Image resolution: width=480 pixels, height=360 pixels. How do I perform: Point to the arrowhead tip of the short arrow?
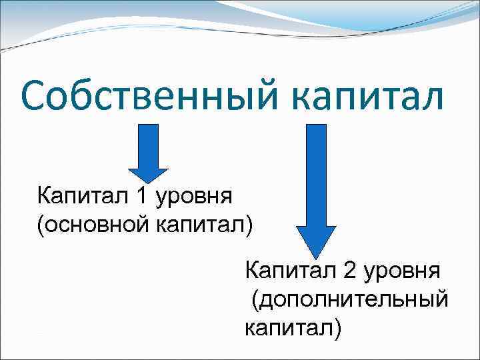[x=153, y=182]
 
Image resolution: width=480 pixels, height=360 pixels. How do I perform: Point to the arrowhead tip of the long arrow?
[x=315, y=257]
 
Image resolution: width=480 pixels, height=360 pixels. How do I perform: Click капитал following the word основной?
[x=200, y=225]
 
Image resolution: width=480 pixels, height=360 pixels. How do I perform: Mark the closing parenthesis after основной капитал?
[x=249, y=225]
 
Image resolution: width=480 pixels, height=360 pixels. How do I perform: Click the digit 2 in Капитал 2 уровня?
[x=349, y=272]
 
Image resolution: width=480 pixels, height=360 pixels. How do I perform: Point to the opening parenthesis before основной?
[x=41, y=225]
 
